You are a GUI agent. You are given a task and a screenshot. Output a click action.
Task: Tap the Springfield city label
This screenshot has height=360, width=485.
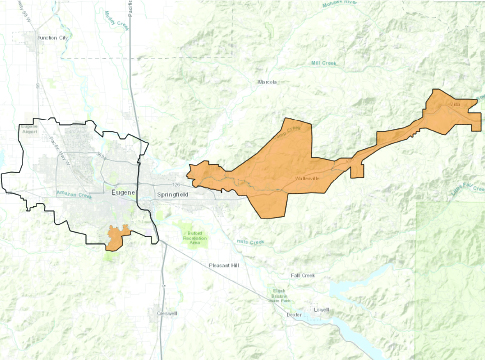[168, 192]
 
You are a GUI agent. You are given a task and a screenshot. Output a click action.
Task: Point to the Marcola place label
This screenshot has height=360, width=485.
[267, 81]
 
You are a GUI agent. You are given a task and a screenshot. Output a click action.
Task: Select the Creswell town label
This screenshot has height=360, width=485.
[166, 313]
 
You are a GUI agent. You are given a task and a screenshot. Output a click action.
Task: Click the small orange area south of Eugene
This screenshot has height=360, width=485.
[116, 237]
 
